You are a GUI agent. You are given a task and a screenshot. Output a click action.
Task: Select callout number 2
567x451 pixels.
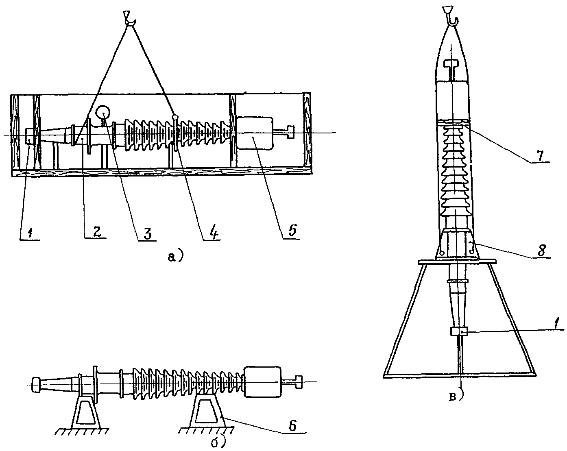[x=96, y=231]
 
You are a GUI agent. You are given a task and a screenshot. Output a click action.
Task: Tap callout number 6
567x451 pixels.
[x=292, y=426]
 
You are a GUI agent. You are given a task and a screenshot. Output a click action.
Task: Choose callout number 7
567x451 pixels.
[x=540, y=155]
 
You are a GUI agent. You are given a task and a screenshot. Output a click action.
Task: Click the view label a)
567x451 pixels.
[x=175, y=256]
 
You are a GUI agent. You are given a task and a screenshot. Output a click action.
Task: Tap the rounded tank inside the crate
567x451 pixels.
[x=254, y=133]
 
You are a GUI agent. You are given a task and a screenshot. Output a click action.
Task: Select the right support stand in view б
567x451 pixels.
[x=210, y=412]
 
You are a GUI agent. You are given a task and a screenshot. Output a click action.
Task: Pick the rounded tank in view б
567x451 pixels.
[x=263, y=382]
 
